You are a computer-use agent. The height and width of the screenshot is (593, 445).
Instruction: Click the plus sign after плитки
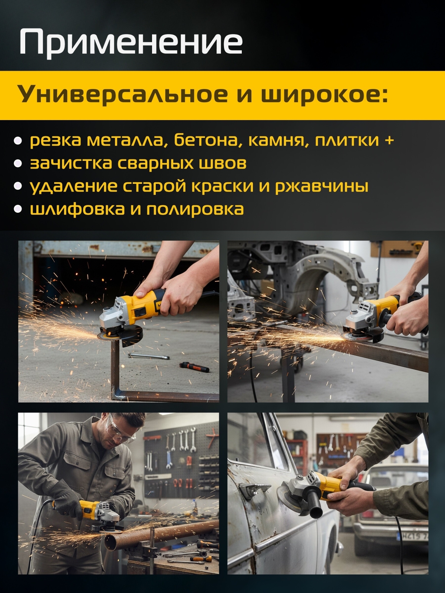point(389,140)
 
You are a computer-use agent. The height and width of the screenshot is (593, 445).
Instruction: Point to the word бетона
point(206,140)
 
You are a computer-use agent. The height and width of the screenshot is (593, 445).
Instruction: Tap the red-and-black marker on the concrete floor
point(194,367)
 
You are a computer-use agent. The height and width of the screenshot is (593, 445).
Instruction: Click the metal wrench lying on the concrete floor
point(149,357)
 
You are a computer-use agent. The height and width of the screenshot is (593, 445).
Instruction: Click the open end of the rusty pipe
point(112,543)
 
